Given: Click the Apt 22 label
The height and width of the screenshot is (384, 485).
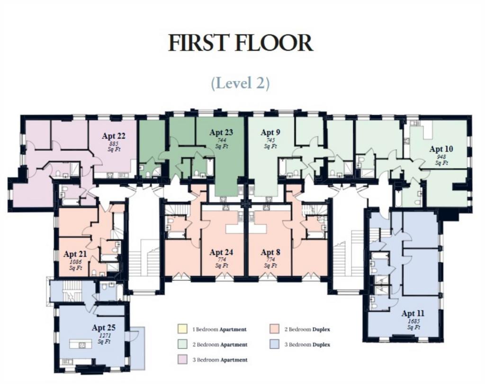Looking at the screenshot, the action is pyautogui.click(x=114, y=136).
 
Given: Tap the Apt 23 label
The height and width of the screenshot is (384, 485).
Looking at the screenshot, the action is pyautogui.click(x=221, y=132).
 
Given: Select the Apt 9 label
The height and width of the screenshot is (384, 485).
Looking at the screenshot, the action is pyautogui.click(x=270, y=132).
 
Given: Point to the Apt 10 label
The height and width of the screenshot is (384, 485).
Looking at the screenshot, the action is pyautogui.click(x=441, y=149).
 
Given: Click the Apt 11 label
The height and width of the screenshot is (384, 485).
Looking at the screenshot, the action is pyautogui.click(x=413, y=313).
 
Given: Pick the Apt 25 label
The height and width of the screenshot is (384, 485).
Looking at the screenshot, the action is pyautogui.click(x=104, y=328).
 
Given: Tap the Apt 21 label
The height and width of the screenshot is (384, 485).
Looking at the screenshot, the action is pyautogui.click(x=75, y=254).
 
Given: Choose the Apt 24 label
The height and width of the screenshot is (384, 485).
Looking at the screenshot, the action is pyautogui.click(x=221, y=252).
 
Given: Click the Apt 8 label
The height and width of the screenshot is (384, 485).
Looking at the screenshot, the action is pyautogui.click(x=270, y=252).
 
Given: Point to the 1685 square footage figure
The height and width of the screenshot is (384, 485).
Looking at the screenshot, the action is pyautogui.click(x=413, y=321).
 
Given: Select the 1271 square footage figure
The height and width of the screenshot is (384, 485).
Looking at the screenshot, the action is pyautogui.click(x=104, y=335).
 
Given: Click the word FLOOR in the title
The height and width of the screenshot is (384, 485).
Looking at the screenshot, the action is pyautogui.click(x=274, y=43).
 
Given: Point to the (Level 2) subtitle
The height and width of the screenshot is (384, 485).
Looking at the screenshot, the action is pyautogui.click(x=240, y=83).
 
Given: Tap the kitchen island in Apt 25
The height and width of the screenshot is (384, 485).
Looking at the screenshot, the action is pyautogui.click(x=81, y=344).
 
